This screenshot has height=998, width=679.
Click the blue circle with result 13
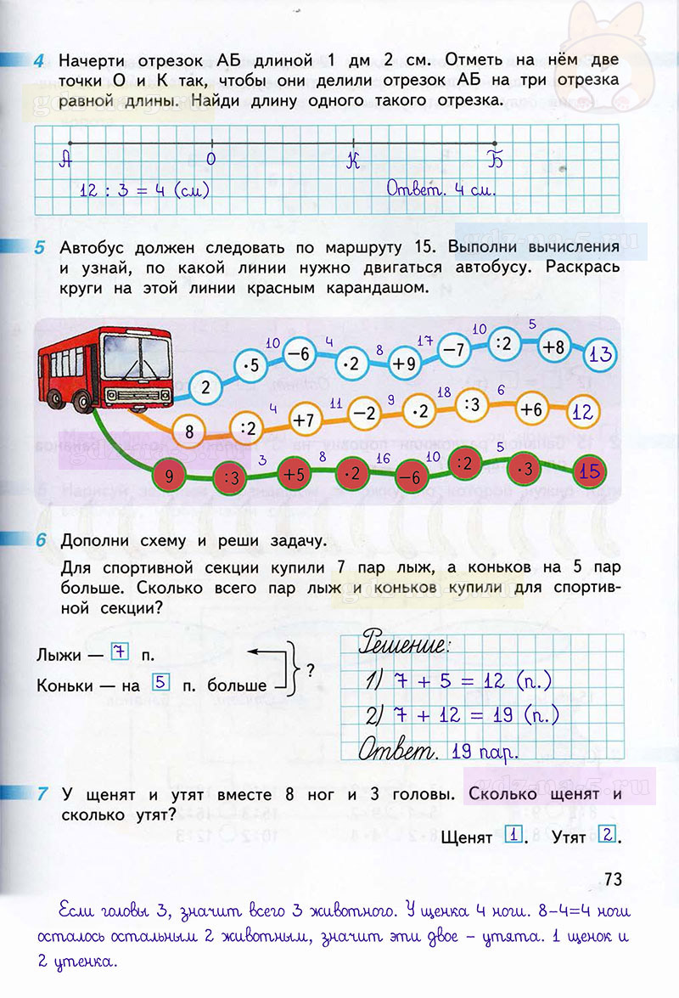[601, 354]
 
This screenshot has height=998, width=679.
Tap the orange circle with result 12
[582, 413]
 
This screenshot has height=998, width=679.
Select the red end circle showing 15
[591, 470]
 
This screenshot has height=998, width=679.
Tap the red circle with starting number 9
[169, 476]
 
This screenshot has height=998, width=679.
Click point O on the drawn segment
[211, 143]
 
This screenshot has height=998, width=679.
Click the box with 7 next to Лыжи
[119, 653]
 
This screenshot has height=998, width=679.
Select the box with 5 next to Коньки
[159, 680]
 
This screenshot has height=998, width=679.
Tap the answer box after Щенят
[512, 835]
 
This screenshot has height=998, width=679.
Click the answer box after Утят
[605, 835]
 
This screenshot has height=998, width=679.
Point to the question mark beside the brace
[310, 668]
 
